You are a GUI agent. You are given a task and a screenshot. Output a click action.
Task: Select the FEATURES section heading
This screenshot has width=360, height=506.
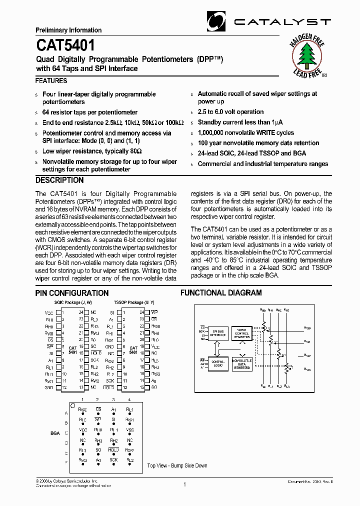(51, 80)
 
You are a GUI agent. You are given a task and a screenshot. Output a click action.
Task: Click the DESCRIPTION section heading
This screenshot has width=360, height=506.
(59, 180)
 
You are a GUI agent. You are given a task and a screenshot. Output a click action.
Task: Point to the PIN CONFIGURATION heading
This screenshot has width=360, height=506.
(72, 293)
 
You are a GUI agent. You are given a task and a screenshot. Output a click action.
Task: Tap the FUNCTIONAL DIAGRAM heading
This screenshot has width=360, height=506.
(221, 293)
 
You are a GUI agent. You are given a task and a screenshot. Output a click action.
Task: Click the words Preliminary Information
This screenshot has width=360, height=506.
(68, 30)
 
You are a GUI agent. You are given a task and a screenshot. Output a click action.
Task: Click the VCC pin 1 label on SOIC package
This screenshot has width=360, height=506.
(49, 312)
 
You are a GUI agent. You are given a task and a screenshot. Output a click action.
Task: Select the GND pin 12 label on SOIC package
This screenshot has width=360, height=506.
(49, 387)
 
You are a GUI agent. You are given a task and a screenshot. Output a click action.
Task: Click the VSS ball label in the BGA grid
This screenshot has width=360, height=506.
(129, 429)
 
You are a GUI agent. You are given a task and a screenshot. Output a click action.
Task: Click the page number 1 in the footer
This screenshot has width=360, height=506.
(184, 484)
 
